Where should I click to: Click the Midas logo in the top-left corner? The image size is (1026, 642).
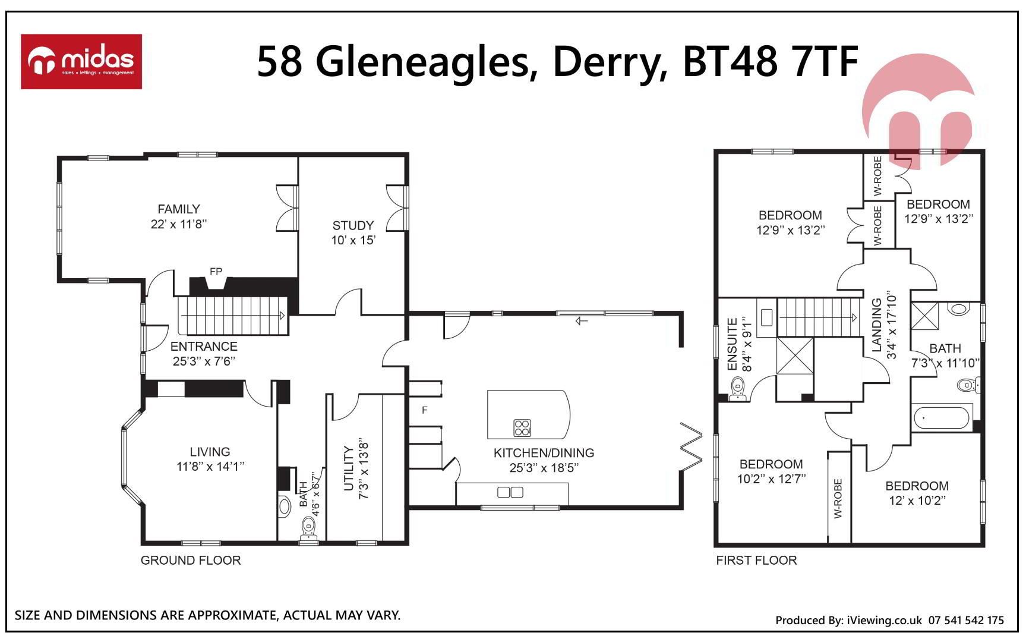81,62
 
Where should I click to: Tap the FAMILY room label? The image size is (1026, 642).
179,209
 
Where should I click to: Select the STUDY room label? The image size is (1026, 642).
353,226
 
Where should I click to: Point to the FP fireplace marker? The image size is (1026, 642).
216,272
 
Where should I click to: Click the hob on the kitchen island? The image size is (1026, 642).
522,427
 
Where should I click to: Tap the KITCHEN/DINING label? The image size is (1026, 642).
544,453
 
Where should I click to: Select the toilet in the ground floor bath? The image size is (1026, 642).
308,528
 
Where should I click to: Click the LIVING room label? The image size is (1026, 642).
210,452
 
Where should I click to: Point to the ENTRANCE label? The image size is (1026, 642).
204,347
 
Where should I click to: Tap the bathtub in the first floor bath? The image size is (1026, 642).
942,417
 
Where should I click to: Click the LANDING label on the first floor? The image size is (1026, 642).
877,325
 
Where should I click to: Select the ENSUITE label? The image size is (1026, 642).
733,344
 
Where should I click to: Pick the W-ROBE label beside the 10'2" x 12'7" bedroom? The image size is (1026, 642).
838,498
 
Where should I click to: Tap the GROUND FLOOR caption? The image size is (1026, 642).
191,561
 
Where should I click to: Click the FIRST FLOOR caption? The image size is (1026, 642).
756,561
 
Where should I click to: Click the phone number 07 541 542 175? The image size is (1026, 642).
966,620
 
